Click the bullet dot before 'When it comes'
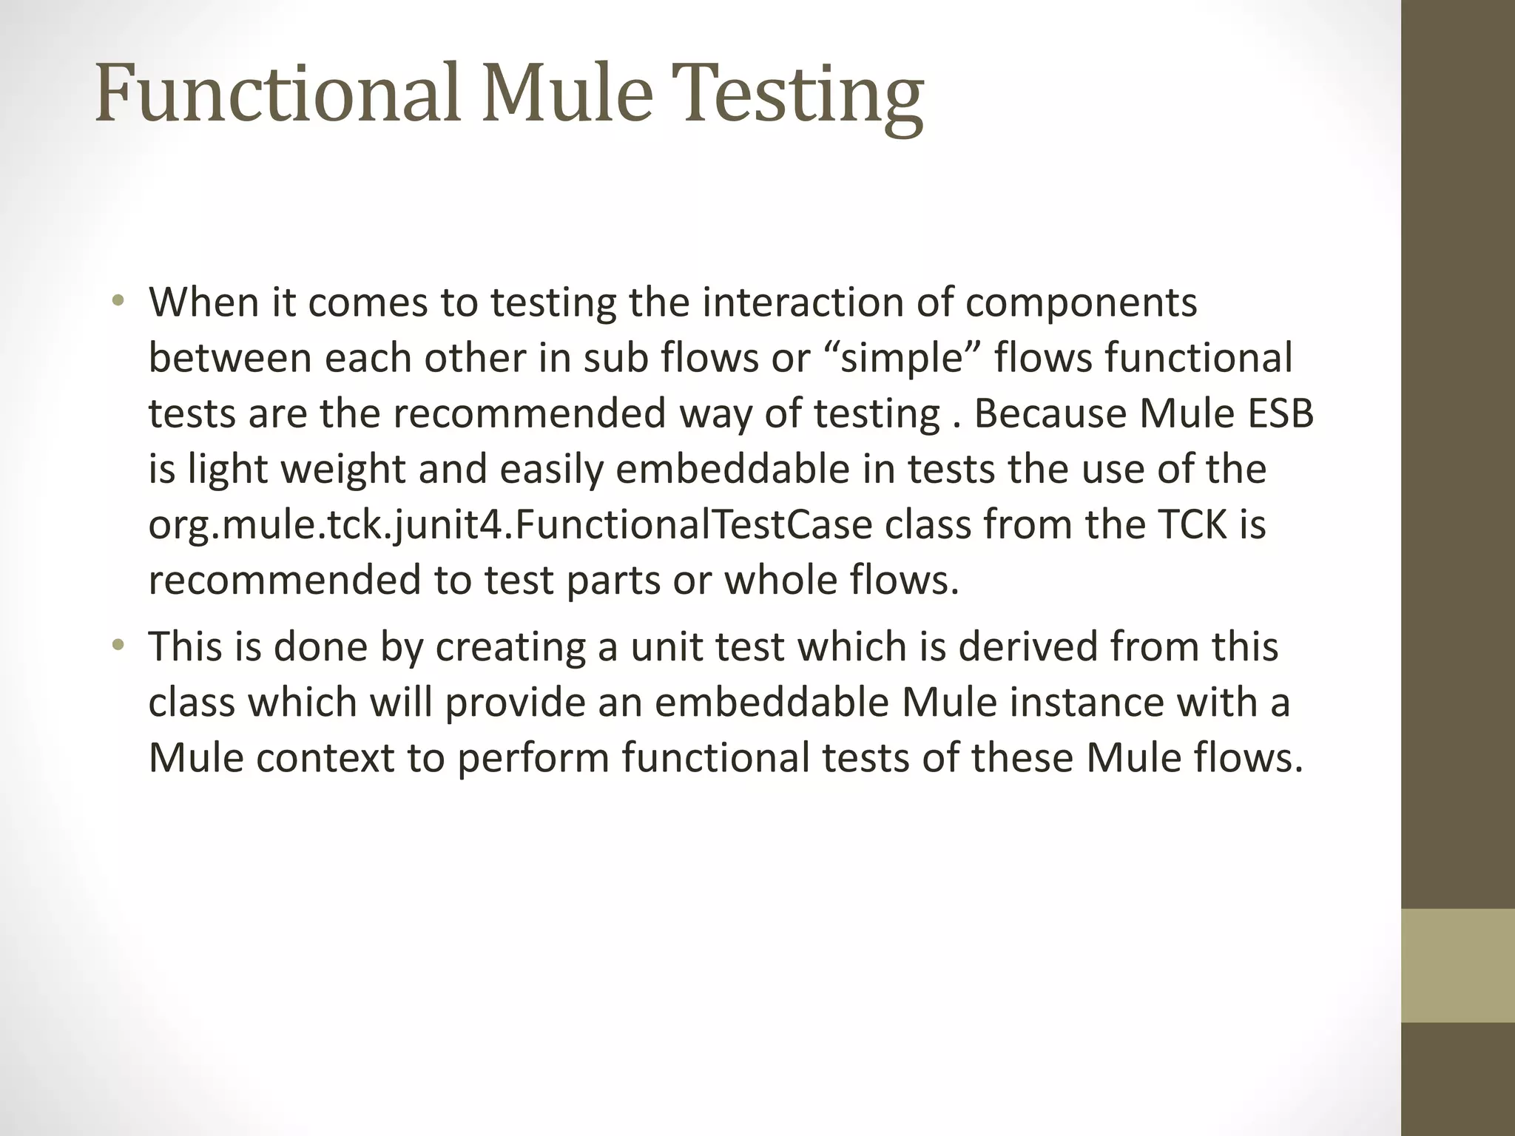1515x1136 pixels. pyautogui.click(x=118, y=302)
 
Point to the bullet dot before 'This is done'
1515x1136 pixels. pyautogui.click(x=118, y=646)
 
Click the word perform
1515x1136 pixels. pyautogui.click(x=532, y=759)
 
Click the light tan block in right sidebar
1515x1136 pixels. pyautogui.click(x=1457, y=965)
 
